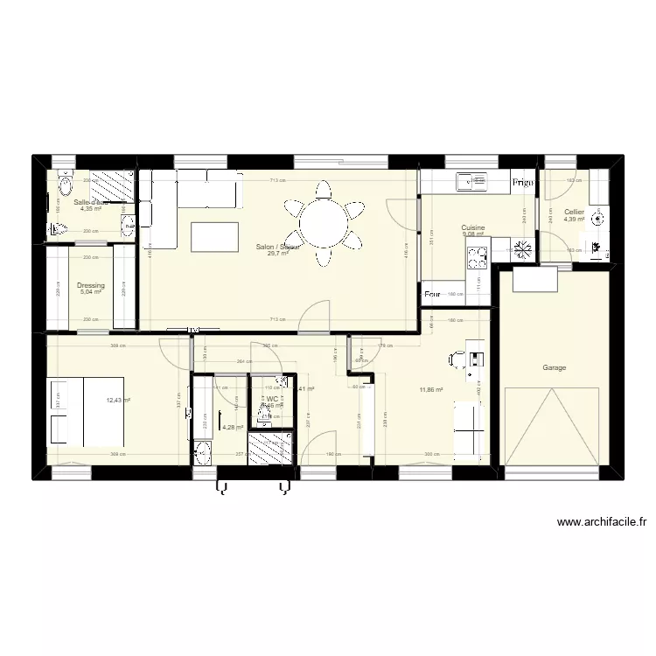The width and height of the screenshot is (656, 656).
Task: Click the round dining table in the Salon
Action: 325,223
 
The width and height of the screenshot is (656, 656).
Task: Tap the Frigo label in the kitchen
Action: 523,183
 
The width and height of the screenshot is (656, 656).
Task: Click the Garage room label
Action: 554,368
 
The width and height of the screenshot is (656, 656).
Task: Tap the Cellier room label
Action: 574,212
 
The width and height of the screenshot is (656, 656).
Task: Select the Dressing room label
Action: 91,285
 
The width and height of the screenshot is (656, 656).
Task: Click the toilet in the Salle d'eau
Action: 64,186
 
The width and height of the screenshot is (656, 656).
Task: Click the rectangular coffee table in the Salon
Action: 214,236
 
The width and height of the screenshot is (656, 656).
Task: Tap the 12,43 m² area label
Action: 118,401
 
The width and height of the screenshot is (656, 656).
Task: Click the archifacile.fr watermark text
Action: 602,523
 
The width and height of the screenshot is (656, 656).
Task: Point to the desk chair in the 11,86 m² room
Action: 457,359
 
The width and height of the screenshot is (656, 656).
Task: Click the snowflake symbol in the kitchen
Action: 523,250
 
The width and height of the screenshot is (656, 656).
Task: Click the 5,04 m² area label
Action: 91,293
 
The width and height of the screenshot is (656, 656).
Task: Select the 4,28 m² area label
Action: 233,428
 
